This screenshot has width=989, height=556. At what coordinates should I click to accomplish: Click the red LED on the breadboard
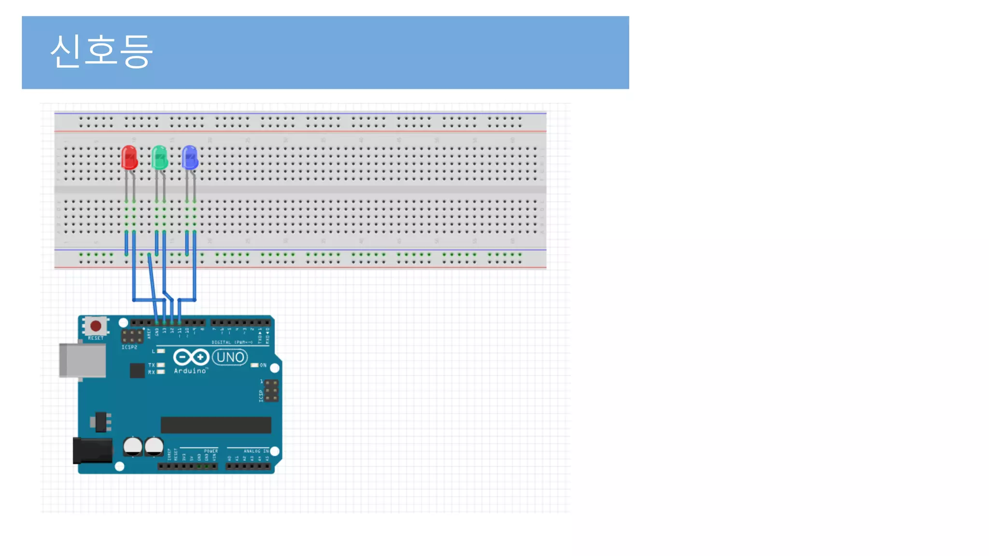click(x=129, y=157)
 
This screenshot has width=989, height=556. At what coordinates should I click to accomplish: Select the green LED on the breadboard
click(x=159, y=157)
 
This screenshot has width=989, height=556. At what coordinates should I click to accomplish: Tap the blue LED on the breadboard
click(x=190, y=157)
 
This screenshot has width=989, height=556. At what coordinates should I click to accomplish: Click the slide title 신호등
click(x=101, y=51)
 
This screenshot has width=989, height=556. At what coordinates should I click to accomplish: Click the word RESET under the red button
click(x=96, y=338)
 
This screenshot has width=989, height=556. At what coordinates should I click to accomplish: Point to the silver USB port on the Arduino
click(x=83, y=360)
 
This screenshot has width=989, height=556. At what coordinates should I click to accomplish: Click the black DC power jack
click(x=92, y=451)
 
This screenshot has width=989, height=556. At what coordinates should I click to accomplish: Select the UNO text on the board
click(x=230, y=358)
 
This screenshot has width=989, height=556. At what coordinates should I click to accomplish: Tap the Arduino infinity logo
click(x=191, y=357)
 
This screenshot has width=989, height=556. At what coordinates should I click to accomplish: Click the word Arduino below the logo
click(x=190, y=371)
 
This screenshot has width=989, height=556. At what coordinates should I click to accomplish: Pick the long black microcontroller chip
click(x=216, y=425)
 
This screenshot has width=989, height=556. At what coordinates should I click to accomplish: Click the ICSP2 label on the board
click(x=129, y=347)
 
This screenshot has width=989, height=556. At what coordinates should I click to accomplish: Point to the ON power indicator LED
click(x=254, y=365)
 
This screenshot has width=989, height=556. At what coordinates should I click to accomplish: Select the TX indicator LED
click(x=161, y=365)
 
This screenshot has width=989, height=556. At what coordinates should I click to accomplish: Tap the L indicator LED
click(x=161, y=351)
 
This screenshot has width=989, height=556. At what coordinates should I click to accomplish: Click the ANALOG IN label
click(x=256, y=451)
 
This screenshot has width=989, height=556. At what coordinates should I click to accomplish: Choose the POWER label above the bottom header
click(x=211, y=451)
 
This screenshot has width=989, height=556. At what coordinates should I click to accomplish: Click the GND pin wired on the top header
click(x=157, y=322)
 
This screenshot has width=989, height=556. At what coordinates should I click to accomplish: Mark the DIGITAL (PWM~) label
click(x=232, y=342)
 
